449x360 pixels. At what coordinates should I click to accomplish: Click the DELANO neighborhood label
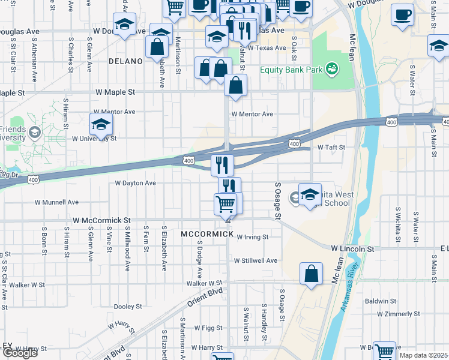126,61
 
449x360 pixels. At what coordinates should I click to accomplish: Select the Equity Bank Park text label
292,70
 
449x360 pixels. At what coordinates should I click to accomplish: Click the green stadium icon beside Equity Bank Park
332,70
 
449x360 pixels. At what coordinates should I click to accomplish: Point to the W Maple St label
115,93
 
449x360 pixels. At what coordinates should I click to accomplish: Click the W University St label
94,139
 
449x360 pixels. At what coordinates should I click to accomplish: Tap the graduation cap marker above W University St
101,124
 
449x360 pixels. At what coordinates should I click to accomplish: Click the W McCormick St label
101,221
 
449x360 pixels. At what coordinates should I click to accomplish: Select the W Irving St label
252,237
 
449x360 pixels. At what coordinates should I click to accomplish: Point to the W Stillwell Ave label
256,261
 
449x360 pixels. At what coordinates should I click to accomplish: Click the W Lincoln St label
352,248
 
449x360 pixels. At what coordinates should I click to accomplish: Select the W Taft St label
331,147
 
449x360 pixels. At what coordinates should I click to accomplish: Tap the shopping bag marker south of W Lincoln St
312,275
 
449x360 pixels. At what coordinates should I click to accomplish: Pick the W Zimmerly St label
399,314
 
